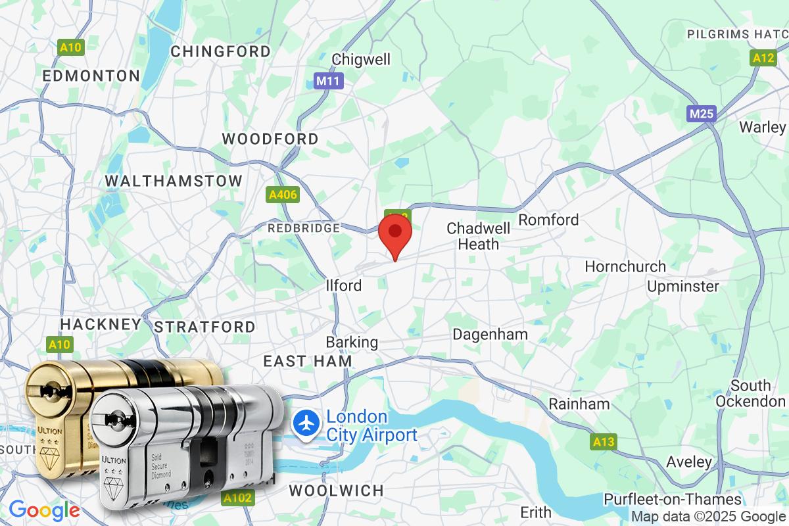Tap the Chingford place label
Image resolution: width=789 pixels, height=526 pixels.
point(220,51)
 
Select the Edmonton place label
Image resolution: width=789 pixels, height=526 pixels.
point(91,76)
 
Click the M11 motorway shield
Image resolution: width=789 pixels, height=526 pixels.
point(322,81)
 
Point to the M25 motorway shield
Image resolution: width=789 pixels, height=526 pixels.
point(702,114)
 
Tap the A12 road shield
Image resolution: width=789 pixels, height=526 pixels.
point(763,58)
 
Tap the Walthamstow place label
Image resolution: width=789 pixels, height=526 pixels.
point(174,180)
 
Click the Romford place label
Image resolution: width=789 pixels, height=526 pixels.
point(548,219)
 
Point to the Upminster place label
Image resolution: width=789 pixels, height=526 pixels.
point(683,286)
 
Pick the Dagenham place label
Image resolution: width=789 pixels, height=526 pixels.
point(490,334)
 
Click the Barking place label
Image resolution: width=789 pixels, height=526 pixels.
point(352,342)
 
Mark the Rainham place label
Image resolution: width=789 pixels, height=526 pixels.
point(579,403)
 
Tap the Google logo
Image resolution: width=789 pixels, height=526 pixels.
point(44,510)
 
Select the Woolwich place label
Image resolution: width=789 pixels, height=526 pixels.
point(336,490)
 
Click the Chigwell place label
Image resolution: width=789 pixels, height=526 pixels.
point(361,59)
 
